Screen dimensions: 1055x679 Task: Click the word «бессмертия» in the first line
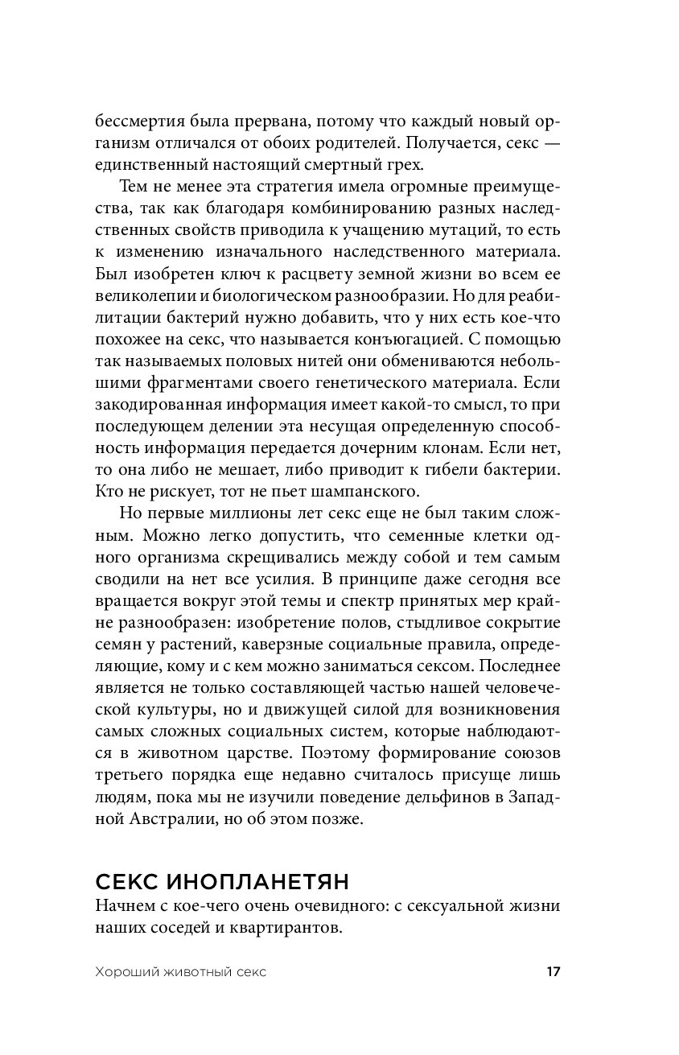point(138,122)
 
